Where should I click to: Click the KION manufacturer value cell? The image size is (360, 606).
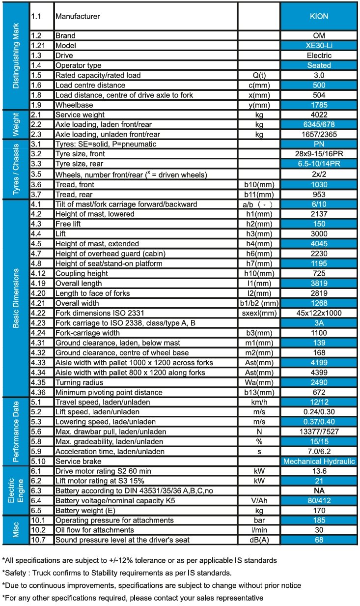[319, 16]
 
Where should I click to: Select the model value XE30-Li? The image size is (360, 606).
[319, 46]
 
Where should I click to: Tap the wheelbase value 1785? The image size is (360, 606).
[319, 105]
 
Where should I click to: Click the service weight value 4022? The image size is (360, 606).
[319, 115]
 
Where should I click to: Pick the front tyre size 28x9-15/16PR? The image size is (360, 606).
[319, 154]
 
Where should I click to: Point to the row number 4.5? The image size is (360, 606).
[36, 244]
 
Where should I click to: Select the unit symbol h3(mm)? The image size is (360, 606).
[259, 234]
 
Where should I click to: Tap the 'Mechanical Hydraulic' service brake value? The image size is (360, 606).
[319, 461]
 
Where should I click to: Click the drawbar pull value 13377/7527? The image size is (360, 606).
[319, 432]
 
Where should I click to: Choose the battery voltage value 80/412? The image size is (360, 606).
[319, 501]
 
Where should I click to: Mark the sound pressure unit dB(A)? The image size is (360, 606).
[259, 540]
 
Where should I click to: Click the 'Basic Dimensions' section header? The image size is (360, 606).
[16, 298]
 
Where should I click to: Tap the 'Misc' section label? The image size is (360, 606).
[16, 530]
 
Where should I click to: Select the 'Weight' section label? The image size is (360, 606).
[16, 124]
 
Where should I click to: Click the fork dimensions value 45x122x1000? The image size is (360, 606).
[319, 313]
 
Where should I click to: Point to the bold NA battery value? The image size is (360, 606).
[319, 491]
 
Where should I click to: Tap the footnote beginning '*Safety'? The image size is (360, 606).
[116, 573]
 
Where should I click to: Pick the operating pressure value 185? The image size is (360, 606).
[319, 520]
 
